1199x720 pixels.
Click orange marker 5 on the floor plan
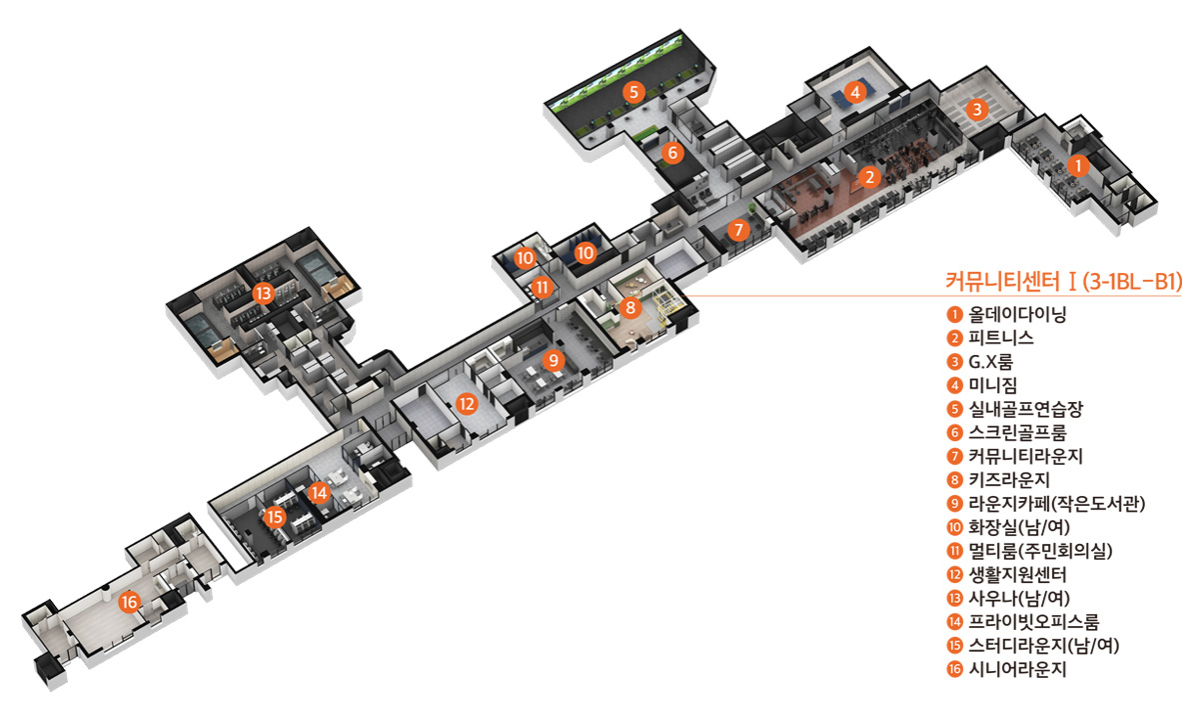(x=633, y=92)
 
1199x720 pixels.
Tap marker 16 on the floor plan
(x=130, y=602)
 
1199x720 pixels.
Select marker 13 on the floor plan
(x=264, y=293)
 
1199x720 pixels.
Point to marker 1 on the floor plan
(x=1078, y=166)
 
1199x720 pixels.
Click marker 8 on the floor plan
(x=630, y=308)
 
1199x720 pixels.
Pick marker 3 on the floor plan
(x=977, y=109)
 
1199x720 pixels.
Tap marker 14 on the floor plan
(x=319, y=492)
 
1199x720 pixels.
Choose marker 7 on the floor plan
(x=738, y=230)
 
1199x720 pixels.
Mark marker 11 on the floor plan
(x=543, y=288)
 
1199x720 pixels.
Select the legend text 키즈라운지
(x=1009, y=479)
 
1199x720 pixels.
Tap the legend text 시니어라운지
(x=1017, y=669)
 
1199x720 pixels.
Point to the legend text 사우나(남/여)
(x=1019, y=598)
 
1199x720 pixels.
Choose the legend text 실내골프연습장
(x=1025, y=409)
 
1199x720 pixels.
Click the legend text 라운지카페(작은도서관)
(x=1057, y=504)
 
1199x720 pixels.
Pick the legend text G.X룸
(x=991, y=362)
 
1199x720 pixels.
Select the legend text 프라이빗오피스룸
(x=1033, y=621)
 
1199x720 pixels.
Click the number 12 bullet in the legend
(x=954, y=574)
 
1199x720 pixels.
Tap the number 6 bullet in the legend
(x=954, y=432)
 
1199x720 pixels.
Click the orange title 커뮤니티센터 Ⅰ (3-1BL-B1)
(x=1063, y=281)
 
